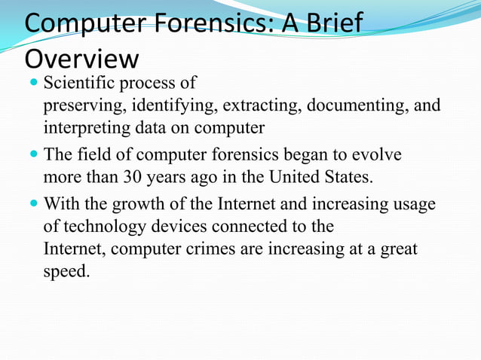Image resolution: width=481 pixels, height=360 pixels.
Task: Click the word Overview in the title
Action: pyautogui.click(x=81, y=59)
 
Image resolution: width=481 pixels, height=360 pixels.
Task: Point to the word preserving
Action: pyautogui.click(x=81, y=105)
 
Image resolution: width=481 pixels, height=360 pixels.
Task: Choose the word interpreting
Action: pyautogui.click(x=82, y=127)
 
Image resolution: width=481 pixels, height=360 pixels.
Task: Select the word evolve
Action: pyautogui.click(x=375, y=156)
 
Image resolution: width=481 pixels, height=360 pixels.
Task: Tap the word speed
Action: pyautogui.click(x=66, y=271)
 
